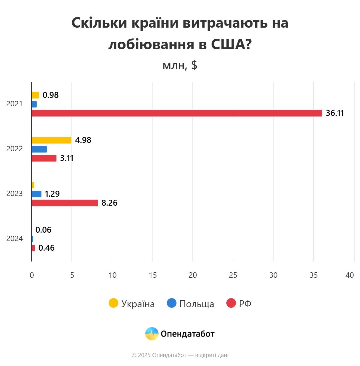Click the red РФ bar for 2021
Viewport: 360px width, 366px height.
coord(177,113)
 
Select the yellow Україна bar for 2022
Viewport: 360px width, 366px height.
coord(51,140)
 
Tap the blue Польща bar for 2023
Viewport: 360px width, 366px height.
coord(36,194)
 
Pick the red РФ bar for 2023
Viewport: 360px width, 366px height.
coord(65,203)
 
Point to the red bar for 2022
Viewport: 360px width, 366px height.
coord(44,158)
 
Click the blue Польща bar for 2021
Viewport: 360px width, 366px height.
coord(34,104)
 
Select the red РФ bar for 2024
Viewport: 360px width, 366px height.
coord(33,248)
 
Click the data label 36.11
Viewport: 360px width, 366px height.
coord(335,113)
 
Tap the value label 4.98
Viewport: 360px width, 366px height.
coord(83,140)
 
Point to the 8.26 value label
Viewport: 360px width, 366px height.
coord(109,203)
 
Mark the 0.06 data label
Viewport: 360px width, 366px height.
coord(43,230)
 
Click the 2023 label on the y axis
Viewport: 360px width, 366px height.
coord(14,194)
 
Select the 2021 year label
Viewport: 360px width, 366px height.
coord(14,104)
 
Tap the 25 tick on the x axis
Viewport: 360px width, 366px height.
coord(233,275)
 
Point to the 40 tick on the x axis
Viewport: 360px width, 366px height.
coord(349,275)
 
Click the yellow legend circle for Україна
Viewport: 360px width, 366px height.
coord(113,303)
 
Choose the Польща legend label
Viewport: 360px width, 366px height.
coord(197,304)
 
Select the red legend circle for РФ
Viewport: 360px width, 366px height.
coord(231,303)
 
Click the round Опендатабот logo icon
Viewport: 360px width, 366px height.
coord(152,334)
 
